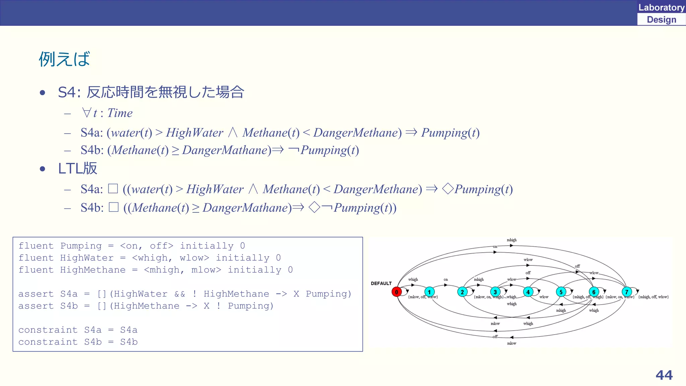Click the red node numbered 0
click(396, 292)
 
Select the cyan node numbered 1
click(429, 292)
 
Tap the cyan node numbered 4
click(528, 292)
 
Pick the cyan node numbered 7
click(626, 292)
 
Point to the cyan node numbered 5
click(561, 292)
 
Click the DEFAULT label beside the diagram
click(381, 283)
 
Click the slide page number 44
click(664, 375)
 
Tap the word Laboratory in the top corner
click(661, 7)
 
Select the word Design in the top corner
click(661, 19)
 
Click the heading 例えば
click(64, 59)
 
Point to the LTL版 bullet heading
click(77, 168)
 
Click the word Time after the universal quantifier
click(120, 113)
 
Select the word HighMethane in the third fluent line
click(93, 270)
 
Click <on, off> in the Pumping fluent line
click(147, 246)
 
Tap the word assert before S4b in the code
click(36, 306)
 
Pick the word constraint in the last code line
click(48, 342)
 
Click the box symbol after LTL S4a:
click(113, 189)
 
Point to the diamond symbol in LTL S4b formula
click(314, 207)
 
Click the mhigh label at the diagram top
click(511, 240)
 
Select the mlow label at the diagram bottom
click(511, 343)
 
